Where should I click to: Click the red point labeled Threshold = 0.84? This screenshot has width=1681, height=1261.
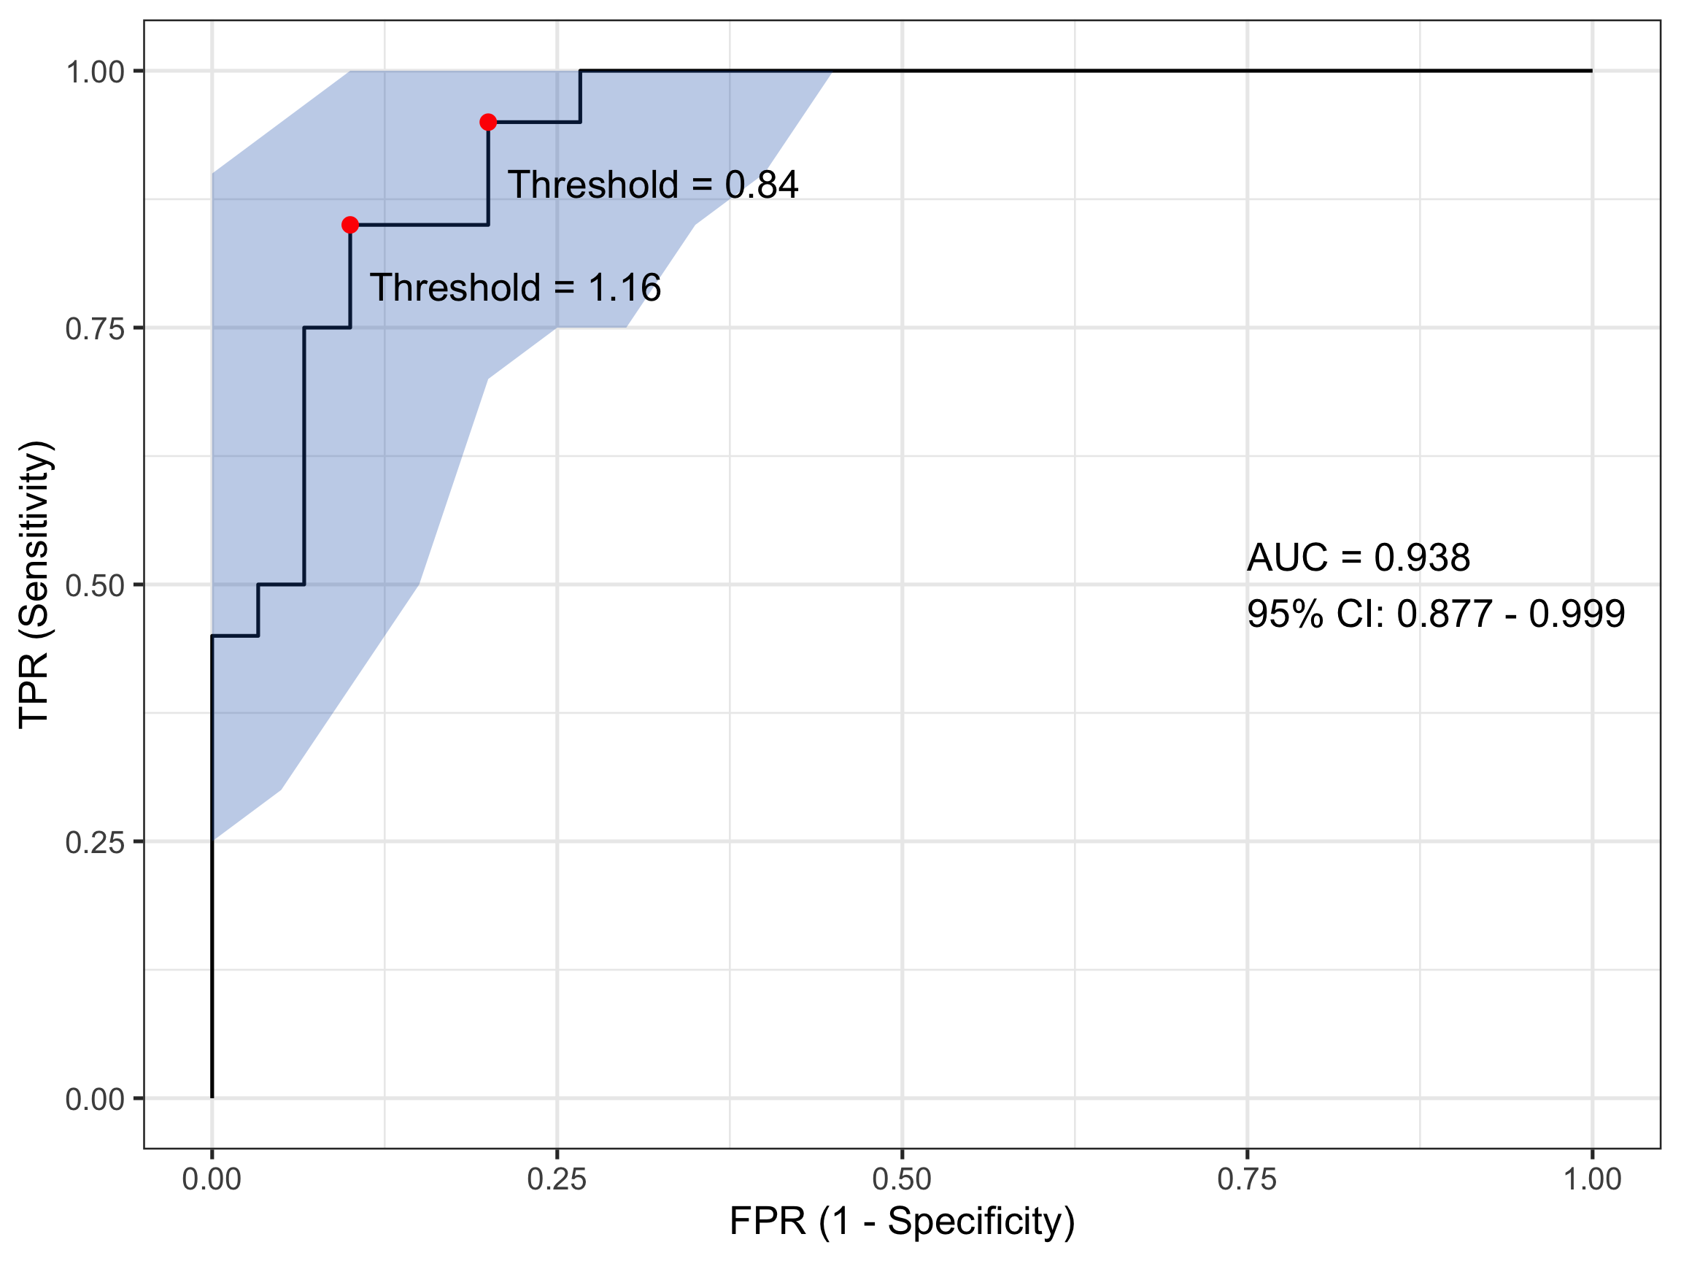click(x=488, y=123)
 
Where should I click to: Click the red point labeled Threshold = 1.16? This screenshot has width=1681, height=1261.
click(x=349, y=225)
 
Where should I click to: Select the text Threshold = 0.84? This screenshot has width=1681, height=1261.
click(x=653, y=185)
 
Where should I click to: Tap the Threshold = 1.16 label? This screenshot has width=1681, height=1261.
click(x=515, y=288)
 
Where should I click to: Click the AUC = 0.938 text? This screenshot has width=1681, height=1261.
click(x=1358, y=558)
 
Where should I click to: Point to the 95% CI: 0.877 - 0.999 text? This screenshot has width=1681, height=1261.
click(x=1436, y=614)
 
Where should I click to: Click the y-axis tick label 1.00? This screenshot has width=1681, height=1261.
click(x=95, y=72)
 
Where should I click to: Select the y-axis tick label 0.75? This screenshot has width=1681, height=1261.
click(x=95, y=329)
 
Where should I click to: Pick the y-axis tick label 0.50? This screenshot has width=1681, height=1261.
click(x=95, y=586)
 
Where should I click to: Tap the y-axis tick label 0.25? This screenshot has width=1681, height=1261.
click(x=95, y=843)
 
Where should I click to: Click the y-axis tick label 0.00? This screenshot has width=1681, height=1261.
click(x=95, y=1100)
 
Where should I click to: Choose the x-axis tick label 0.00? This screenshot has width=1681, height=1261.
click(x=212, y=1180)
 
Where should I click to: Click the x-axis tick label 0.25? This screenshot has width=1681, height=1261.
click(x=557, y=1180)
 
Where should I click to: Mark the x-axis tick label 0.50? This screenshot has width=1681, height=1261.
click(x=902, y=1180)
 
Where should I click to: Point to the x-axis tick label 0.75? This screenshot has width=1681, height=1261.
click(x=1247, y=1180)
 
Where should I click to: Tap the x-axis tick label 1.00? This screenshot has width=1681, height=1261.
click(x=1592, y=1180)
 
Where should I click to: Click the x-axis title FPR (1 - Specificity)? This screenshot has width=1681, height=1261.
click(x=902, y=1222)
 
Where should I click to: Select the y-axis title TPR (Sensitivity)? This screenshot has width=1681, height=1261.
click(x=35, y=585)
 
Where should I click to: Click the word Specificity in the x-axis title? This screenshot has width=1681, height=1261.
click(x=981, y=1222)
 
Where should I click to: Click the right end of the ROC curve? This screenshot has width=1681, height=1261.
click(x=1591, y=71)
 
